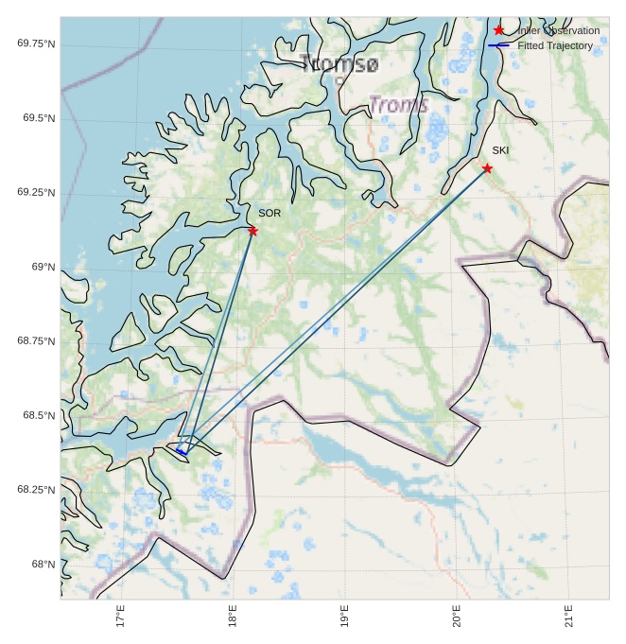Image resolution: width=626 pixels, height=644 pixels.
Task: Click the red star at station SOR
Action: point(252,231)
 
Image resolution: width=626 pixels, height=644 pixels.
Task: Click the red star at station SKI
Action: point(487,168)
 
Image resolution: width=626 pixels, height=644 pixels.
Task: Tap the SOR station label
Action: point(270,214)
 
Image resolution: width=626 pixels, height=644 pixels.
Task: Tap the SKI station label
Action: point(500,150)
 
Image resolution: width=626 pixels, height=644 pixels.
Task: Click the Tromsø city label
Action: point(339,64)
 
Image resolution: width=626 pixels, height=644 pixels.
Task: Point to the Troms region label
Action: point(398,104)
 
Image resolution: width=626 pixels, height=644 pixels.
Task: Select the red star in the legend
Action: point(499,30)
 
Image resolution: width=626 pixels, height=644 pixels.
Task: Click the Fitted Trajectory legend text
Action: point(555,45)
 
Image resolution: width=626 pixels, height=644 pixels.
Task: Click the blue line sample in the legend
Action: point(498,45)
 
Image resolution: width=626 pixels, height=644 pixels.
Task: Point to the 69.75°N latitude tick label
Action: point(36,44)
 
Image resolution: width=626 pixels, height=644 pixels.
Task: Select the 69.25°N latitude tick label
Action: point(36,193)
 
